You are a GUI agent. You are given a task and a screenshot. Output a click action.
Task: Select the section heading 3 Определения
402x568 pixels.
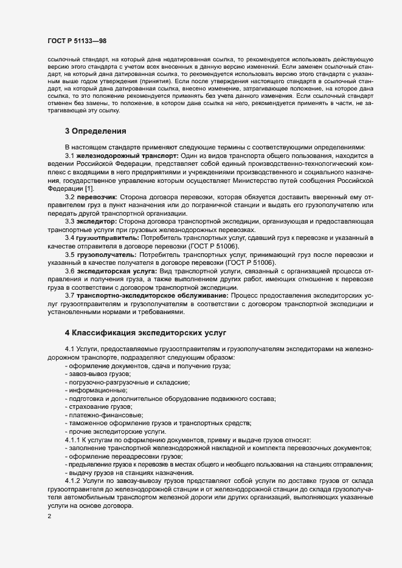pyautogui.click(x=95, y=131)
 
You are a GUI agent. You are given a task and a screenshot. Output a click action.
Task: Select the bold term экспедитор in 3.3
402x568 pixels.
pyautogui.click(x=98, y=221)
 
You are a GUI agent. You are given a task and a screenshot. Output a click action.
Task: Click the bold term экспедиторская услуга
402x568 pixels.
pyautogui.click(x=117, y=270)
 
